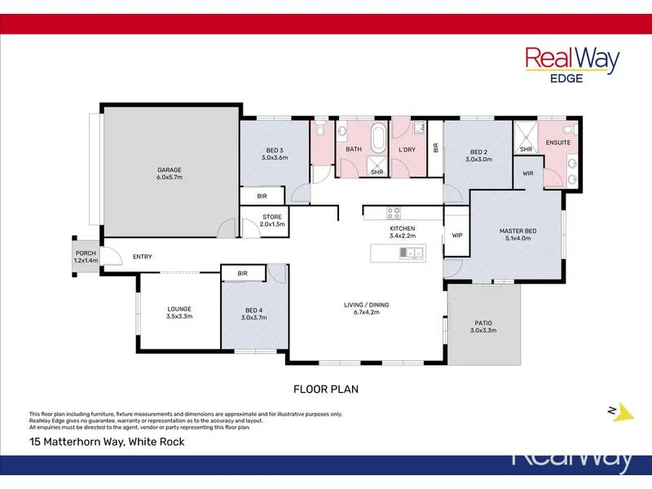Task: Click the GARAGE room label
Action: pyautogui.click(x=170, y=170)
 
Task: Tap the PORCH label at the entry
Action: pyautogui.click(x=86, y=253)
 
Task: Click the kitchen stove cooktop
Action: pyautogui.click(x=394, y=214)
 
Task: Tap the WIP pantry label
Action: pyautogui.click(x=456, y=236)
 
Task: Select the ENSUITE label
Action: pyautogui.click(x=558, y=143)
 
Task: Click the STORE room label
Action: pyautogui.click(x=271, y=217)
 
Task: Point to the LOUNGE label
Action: pyautogui.click(x=179, y=309)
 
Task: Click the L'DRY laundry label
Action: pyautogui.click(x=407, y=149)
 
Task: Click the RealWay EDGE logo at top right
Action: pyautogui.click(x=571, y=63)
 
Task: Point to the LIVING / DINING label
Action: pyautogui.click(x=366, y=305)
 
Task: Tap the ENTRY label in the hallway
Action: pyautogui.click(x=143, y=257)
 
